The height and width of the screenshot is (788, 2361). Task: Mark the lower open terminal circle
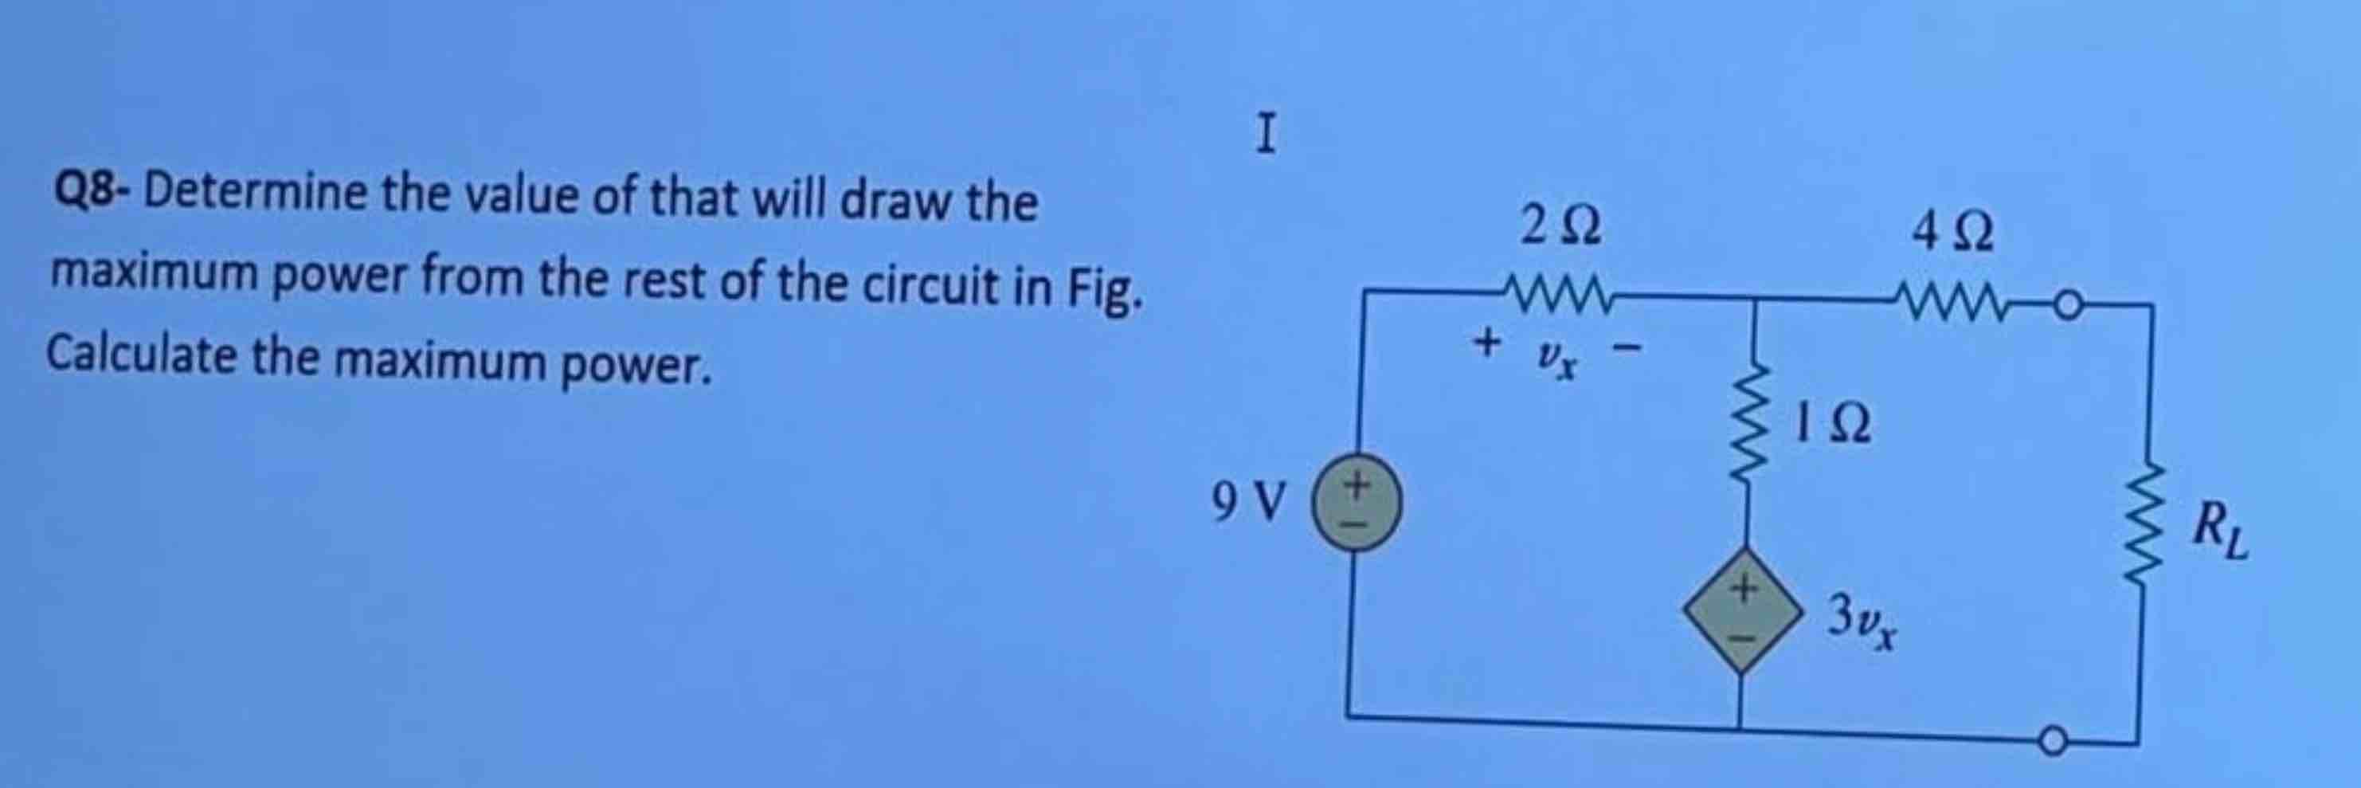[x=2053, y=739]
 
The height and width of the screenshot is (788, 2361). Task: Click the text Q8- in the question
[x=91, y=193]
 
